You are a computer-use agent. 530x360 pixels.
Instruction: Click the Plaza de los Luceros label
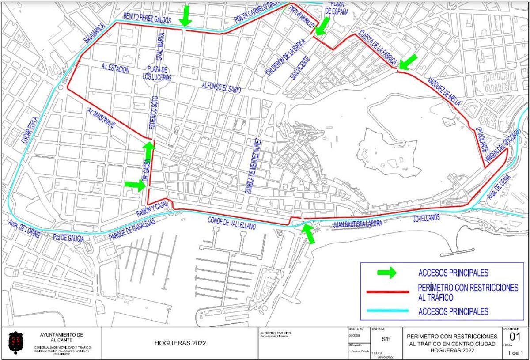(x=157, y=73)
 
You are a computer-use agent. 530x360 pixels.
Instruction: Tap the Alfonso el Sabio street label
(x=221, y=87)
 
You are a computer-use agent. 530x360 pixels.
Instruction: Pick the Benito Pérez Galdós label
(x=147, y=18)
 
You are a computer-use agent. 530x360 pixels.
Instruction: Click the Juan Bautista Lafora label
(x=358, y=224)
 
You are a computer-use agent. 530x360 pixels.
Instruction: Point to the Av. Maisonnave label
(x=101, y=118)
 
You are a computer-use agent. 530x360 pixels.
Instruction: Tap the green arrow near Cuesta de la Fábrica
(x=408, y=62)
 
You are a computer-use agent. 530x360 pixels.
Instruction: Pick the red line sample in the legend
(x=387, y=292)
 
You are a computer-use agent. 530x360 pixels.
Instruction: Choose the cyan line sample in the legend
(x=387, y=311)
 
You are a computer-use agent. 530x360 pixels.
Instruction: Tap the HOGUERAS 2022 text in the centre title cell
(x=180, y=343)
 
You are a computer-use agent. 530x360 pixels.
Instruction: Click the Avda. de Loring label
(x=25, y=230)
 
